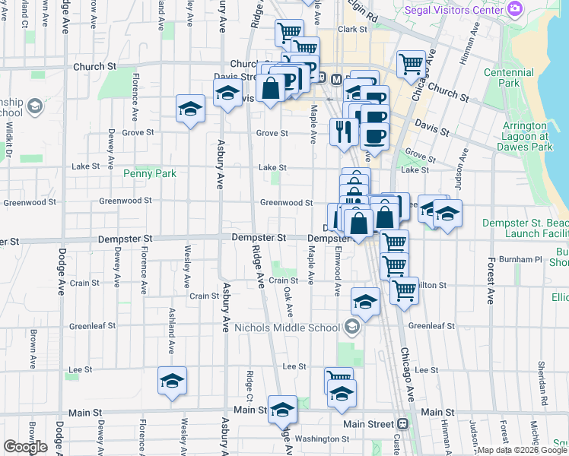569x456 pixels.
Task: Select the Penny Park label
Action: pyautogui.click(x=150, y=173)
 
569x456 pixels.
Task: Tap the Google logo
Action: pyautogui.click(x=25, y=447)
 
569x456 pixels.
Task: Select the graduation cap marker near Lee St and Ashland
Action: pyautogui.click(x=173, y=380)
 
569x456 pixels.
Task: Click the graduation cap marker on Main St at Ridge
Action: pyautogui.click(x=282, y=409)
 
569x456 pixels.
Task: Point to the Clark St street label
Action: pyautogui.click(x=352, y=29)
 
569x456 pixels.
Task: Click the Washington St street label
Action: pyautogui.click(x=322, y=439)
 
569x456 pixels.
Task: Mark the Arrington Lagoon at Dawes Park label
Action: pyautogui.click(x=524, y=131)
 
